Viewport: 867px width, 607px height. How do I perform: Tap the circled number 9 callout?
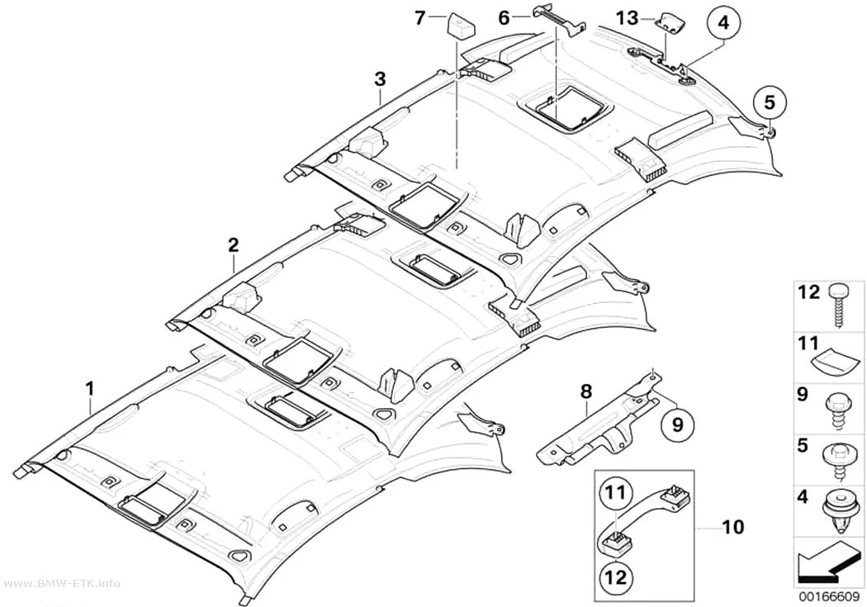tap(678, 424)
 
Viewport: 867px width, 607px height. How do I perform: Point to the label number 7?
tap(421, 18)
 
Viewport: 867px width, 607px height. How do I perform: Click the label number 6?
tap(505, 18)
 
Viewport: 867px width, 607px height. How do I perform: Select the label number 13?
tap(628, 19)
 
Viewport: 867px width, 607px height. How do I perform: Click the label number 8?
tap(586, 391)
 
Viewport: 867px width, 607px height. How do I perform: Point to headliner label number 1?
tap(90, 388)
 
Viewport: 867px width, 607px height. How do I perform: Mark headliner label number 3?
tap(380, 78)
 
